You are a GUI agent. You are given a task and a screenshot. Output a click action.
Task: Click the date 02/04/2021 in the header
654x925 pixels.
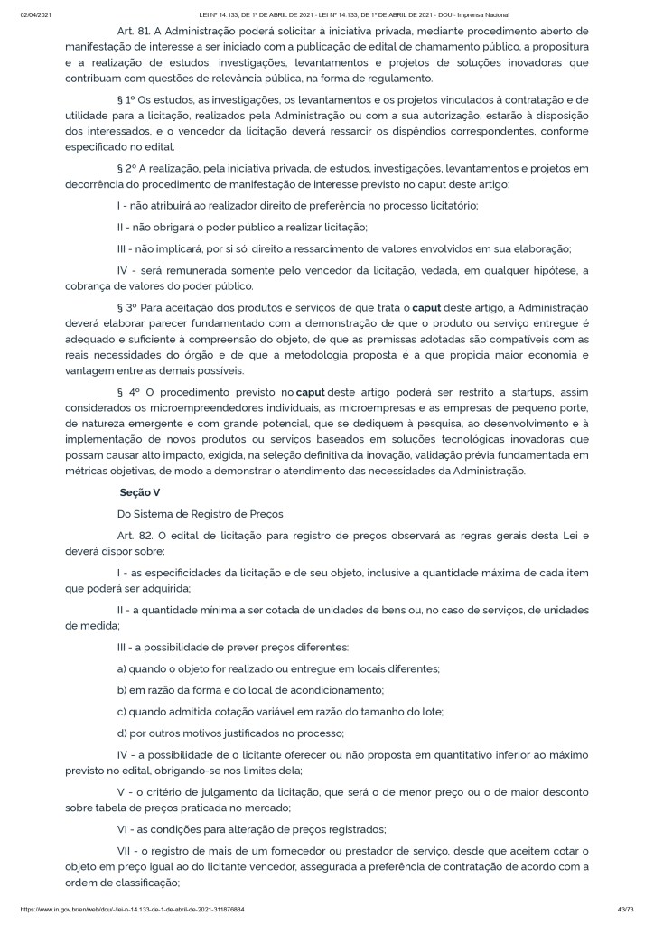(34, 15)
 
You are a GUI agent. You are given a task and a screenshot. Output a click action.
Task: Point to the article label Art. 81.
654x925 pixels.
(133, 31)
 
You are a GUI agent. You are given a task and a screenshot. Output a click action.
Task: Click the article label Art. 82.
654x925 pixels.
(133, 535)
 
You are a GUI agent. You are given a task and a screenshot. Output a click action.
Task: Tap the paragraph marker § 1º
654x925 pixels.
(127, 99)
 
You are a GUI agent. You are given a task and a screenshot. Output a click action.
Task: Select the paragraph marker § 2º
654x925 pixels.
(127, 169)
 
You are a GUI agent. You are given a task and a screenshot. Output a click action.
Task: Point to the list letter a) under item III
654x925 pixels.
(124, 668)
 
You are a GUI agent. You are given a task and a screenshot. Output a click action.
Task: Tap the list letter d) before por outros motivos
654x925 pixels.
(124, 733)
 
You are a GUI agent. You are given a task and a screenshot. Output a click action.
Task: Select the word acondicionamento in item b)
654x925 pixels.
(331, 690)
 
